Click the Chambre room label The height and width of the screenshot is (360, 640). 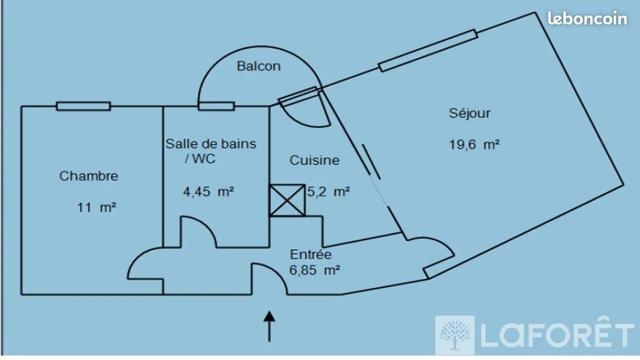click(89, 177)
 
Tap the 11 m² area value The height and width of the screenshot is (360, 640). click(97, 207)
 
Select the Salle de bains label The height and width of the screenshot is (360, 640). click(211, 143)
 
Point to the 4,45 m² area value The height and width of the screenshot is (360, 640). click(209, 191)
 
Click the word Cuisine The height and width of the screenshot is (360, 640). click(315, 161)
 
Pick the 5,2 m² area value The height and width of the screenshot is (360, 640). click(329, 191)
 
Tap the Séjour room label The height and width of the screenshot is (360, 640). click(469, 114)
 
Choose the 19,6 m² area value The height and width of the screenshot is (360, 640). click(474, 145)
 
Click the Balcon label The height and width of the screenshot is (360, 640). click(259, 66)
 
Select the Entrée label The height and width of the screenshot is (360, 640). click(311, 254)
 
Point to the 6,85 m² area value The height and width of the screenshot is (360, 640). click(315, 270)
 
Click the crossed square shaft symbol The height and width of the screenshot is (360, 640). click(287, 201)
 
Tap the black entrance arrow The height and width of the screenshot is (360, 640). click(269, 326)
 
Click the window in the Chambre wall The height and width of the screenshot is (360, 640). click(83, 106)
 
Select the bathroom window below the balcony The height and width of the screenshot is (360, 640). click(217, 106)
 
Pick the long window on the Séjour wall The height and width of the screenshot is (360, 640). click(428, 50)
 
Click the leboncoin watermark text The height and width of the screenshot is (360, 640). click(587, 18)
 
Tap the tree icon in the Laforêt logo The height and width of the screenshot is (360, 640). click(455, 335)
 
